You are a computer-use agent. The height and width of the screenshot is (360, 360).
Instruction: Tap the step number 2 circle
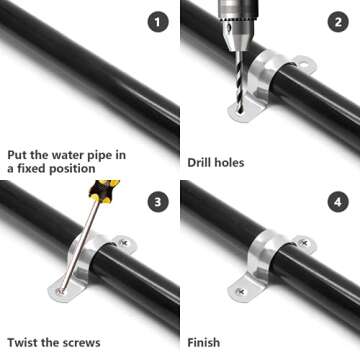(336, 21)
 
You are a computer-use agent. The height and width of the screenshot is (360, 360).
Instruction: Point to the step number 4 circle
(336, 203)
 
